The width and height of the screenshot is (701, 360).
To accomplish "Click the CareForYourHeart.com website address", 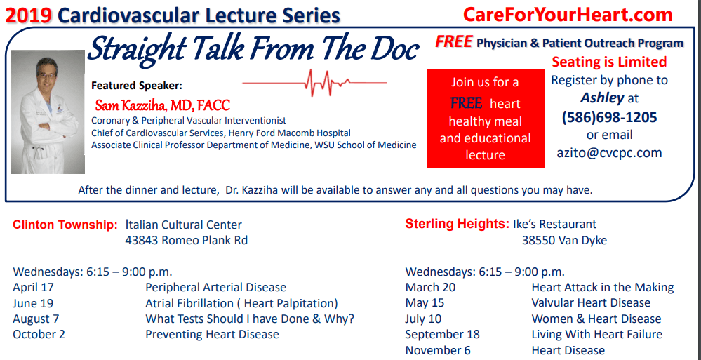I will pos(568,15).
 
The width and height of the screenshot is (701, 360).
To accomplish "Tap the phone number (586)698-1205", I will pos(609,116).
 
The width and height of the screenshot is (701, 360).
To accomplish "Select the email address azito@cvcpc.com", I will pos(609,152).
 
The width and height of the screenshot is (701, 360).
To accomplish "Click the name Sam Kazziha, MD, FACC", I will pos(162,106).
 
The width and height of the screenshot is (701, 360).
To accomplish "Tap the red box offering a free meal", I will pos(485,119).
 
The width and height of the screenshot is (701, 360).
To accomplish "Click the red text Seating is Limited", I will pos(609,62).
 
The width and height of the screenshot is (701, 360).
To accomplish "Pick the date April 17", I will pos(33,287).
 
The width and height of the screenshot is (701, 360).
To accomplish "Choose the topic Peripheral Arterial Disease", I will pos(215,287).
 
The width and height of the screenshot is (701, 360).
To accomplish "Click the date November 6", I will pos(438,350).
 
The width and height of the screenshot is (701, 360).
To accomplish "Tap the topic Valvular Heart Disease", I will pos(591,302).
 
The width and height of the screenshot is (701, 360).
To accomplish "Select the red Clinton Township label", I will pos(65,225).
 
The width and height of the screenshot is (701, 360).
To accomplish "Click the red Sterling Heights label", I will pos(457,224).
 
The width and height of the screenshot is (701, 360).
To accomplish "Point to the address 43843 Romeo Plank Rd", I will pos(186,241).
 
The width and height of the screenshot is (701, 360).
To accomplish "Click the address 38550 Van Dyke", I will pos(564,240).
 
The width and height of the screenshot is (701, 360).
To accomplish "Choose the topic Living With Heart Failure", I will pos(596,334).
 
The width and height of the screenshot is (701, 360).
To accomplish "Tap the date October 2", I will pos(39,334).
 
